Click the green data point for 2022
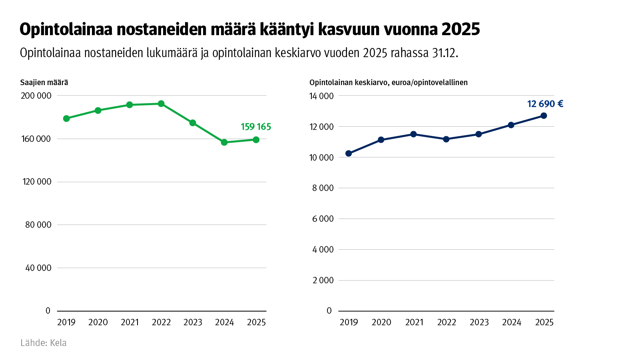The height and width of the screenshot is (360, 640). [161, 104]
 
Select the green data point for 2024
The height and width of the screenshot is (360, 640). [224, 142]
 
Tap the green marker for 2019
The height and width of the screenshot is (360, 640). [66, 119]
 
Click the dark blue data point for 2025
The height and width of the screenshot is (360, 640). [544, 116]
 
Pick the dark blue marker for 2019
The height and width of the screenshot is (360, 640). [349, 153]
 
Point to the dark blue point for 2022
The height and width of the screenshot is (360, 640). [446, 139]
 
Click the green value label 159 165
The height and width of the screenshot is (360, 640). [256, 127]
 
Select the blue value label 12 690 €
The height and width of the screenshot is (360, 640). [545, 104]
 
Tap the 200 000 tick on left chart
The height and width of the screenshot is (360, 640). [36, 96]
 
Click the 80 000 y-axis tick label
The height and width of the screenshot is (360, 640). [38, 225]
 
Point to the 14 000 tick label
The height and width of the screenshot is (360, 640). [321, 96]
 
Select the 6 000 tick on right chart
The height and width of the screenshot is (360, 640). [323, 219]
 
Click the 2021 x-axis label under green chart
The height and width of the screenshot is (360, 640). [130, 322]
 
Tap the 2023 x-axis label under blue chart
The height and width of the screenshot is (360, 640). [479, 322]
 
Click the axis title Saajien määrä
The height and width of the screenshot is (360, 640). [44, 83]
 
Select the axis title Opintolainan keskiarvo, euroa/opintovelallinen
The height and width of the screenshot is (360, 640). [388, 83]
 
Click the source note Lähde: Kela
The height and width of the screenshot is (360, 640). [44, 343]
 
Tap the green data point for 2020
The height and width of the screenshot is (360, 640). [98, 111]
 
